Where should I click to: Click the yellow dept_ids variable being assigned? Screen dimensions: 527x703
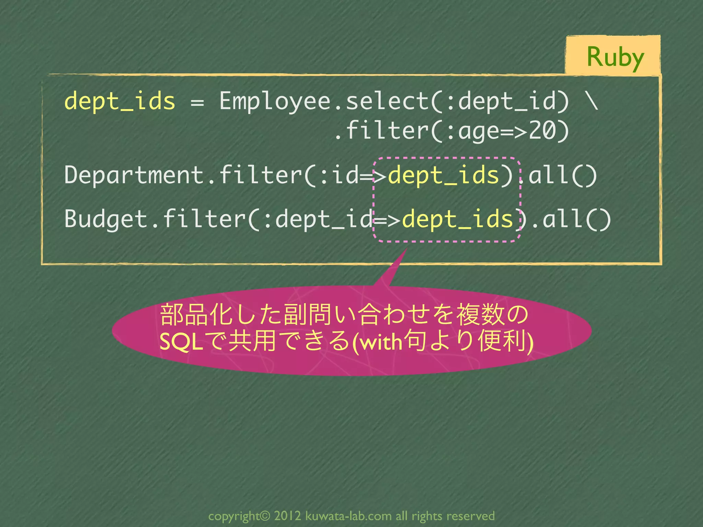tap(120, 101)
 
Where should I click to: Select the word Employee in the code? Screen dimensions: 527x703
tap(275, 101)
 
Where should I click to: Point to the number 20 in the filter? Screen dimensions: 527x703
tap(542, 131)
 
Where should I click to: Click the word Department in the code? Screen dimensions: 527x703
tap(134, 175)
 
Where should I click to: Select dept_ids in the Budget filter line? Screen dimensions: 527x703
tap(457, 219)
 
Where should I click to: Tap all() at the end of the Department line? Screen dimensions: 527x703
tap(563, 175)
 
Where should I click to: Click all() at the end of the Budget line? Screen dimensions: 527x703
tap(577, 219)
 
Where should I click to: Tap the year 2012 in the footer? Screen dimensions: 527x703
tap(288, 516)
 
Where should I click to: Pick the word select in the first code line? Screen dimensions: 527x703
tap(387, 101)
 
